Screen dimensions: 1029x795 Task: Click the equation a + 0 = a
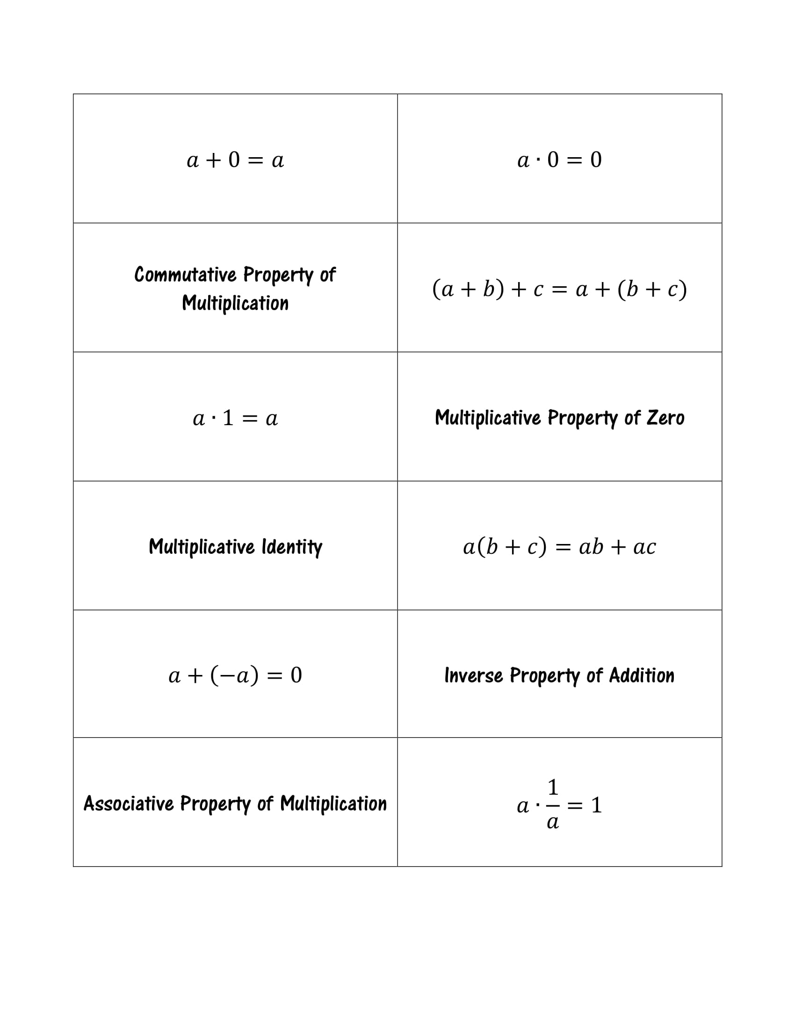[235, 160]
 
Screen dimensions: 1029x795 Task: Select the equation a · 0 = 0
[559, 159]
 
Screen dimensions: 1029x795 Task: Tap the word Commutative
[185, 274]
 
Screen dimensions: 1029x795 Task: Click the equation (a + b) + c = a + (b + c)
[559, 289]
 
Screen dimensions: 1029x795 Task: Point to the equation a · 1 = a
[235, 418]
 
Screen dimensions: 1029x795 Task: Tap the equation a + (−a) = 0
[235, 675]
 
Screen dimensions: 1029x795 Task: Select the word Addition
[642, 675]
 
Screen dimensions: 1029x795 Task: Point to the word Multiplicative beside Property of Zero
[488, 417]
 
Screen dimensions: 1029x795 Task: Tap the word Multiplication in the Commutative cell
[235, 303]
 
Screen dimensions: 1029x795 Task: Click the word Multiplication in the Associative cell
[333, 803]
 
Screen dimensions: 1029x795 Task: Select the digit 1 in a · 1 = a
[228, 417]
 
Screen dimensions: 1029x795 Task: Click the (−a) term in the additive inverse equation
[234, 675]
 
